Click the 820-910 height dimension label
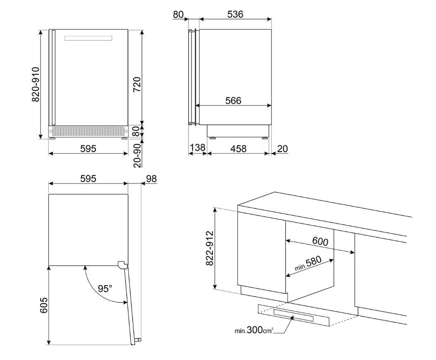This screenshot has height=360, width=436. pyautogui.click(x=36, y=84)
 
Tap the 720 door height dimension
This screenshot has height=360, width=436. pyautogui.click(x=137, y=84)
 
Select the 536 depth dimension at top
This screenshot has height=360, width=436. pyautogui.click(x=235, y=14)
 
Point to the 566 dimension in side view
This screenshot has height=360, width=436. pyautogui.click(x=233, y=100)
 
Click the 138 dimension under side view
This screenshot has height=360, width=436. pyautogui.click(x=197, y=148)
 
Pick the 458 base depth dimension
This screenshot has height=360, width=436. pyautogui.click(x=238, y=149)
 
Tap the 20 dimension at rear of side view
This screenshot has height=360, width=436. pyautogui.click(x=282, y=149)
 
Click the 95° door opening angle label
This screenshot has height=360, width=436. pyautogui.click(x=105, y=288)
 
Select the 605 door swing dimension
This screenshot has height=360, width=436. pyautogui.click(x=44, y=305)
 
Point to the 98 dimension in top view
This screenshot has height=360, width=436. pyautogui.click(x=151, y=179)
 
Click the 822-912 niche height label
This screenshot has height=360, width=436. pyautogui.click(x=209, y=248)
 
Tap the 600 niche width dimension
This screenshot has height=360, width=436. pyautogui.click(x=320, y=241)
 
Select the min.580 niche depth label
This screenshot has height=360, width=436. pyautogui.click(x=308, y=263)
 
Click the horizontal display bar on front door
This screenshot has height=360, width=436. pyautogui.click(x=89, y=38)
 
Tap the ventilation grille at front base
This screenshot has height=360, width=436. pyautogui.click(x=89, y=131)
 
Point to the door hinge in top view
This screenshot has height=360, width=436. pyautogui.click(x=122, y=265)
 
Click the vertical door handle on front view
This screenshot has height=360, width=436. pyautogui.click(x=53, y=78)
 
